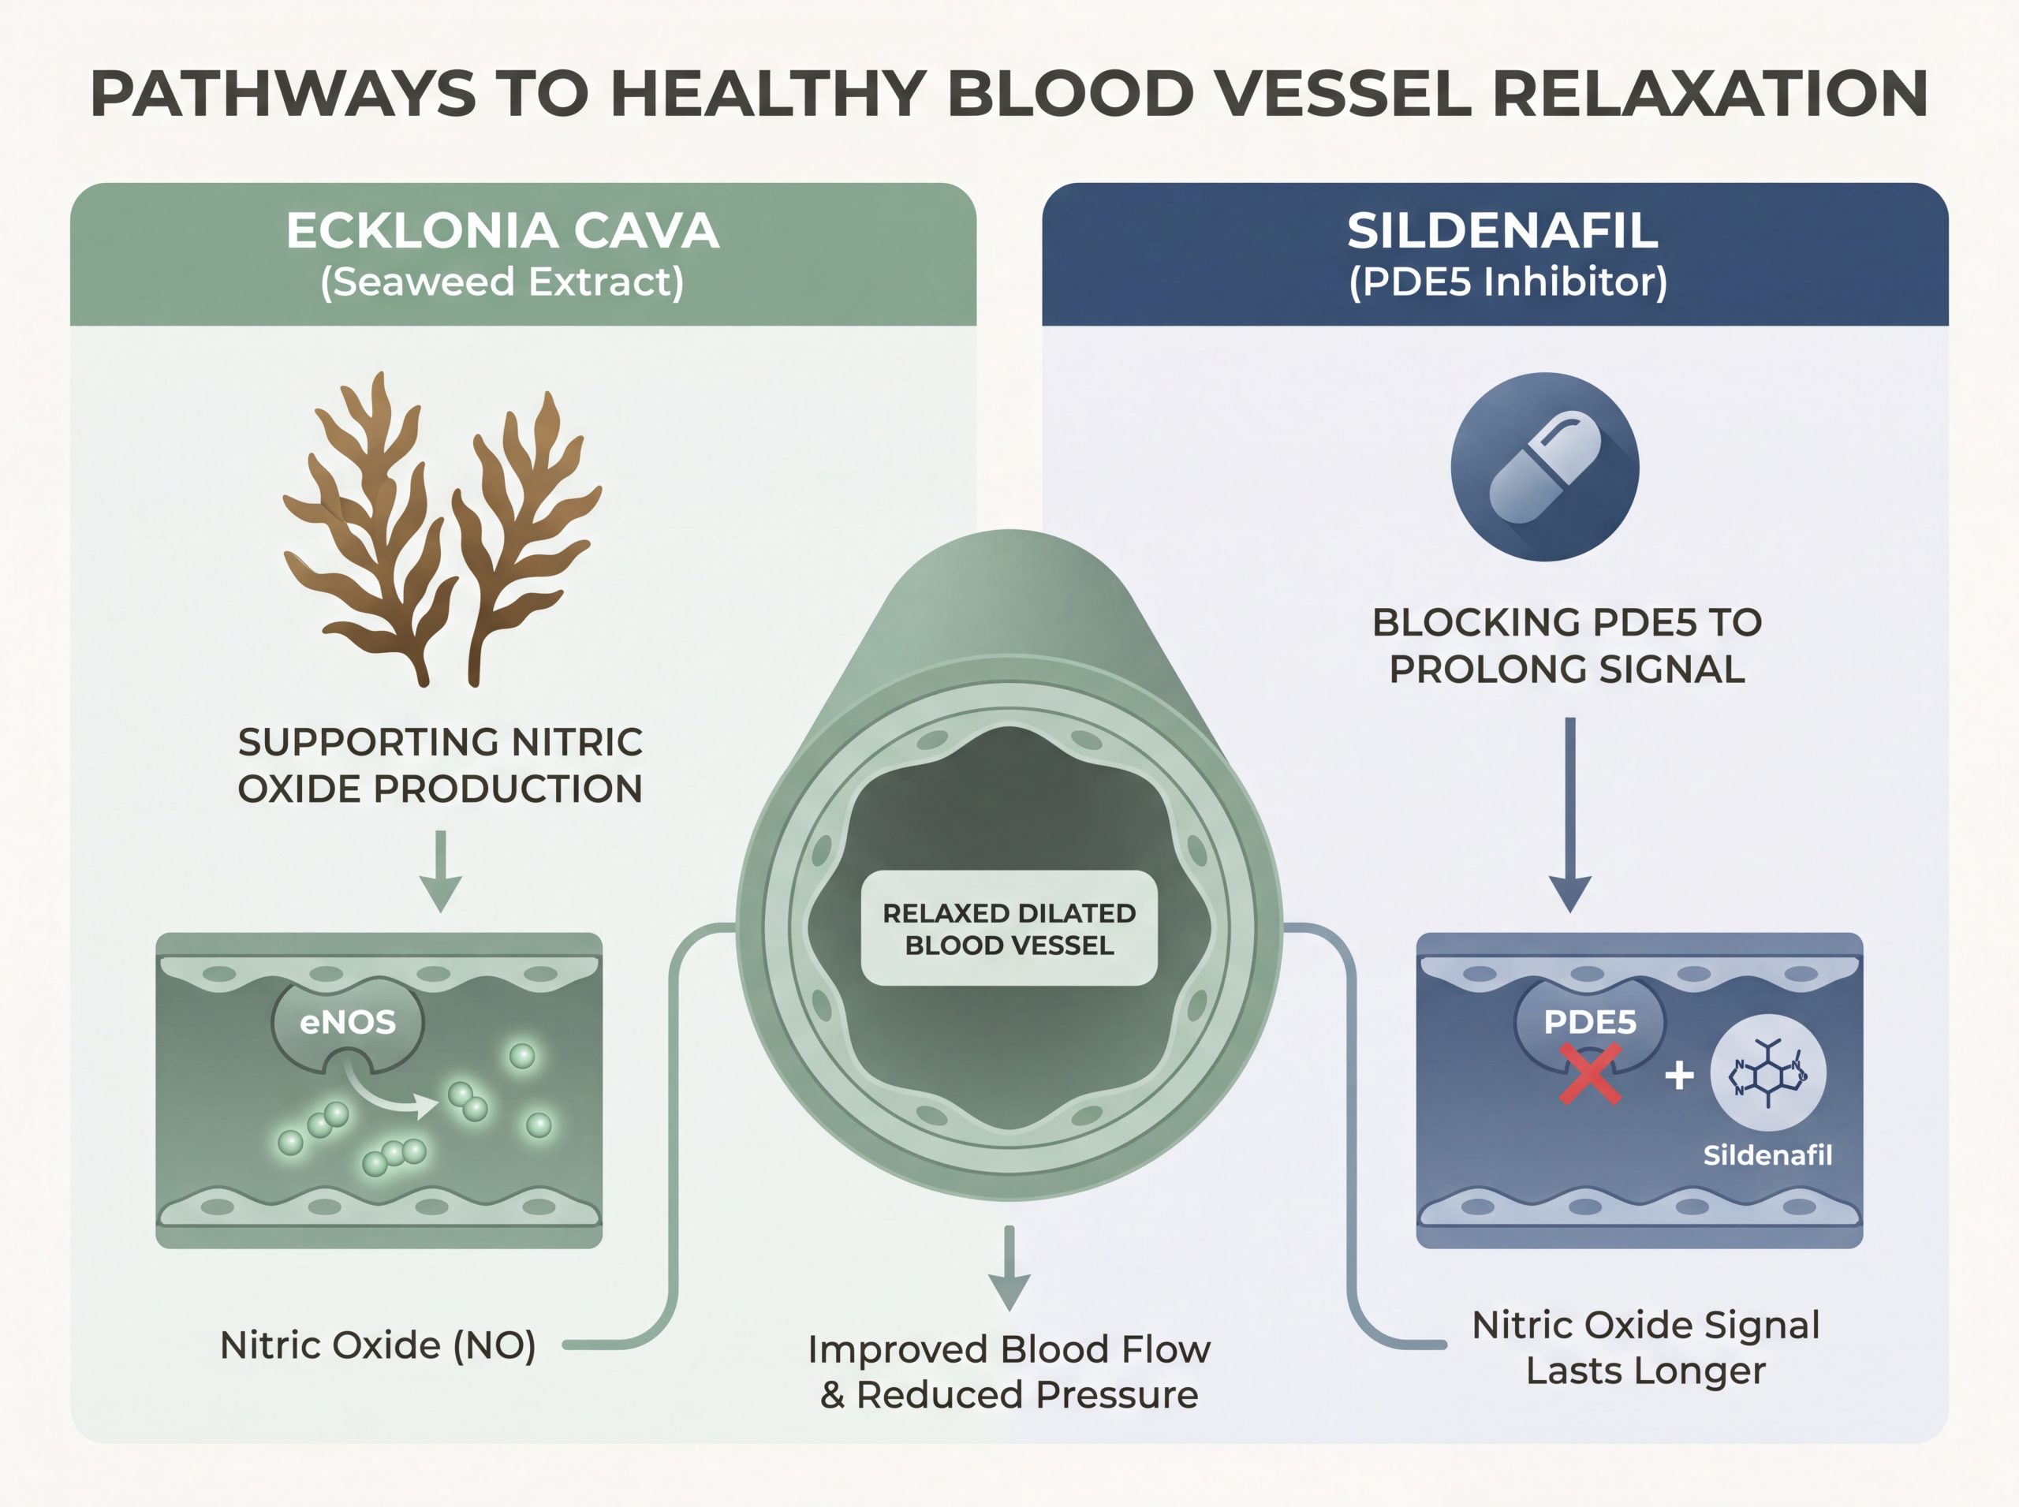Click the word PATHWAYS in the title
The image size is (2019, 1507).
coord(283,94)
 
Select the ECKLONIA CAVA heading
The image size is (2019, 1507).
coord(502,231)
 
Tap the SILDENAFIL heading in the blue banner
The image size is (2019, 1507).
coord(1502,231)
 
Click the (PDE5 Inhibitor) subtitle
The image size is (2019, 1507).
coord(1508,282)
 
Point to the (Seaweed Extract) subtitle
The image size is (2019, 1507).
coord(502,282)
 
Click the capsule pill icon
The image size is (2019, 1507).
coord(1544,467)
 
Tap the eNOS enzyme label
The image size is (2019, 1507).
coord(348,1022)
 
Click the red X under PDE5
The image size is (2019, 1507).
coord(1589,1075)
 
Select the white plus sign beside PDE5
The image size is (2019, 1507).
coord(1679,1076)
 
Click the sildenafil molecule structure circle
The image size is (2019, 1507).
coord(1768,1072)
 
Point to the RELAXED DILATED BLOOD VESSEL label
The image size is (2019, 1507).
coord(1009,929)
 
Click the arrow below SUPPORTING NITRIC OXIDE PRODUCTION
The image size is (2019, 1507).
coord(441,871)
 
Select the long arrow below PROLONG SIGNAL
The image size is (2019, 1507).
coord(1570,815)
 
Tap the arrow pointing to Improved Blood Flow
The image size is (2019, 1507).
coord(1009,1268)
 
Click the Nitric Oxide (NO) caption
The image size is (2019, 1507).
coord(378,1345)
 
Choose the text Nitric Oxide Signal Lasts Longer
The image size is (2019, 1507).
coord(1646,1348)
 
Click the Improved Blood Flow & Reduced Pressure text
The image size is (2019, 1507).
coord(1009,1372)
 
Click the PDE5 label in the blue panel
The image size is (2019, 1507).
coord(1589,1023)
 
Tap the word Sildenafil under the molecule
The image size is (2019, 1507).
coord(1768,1156)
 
